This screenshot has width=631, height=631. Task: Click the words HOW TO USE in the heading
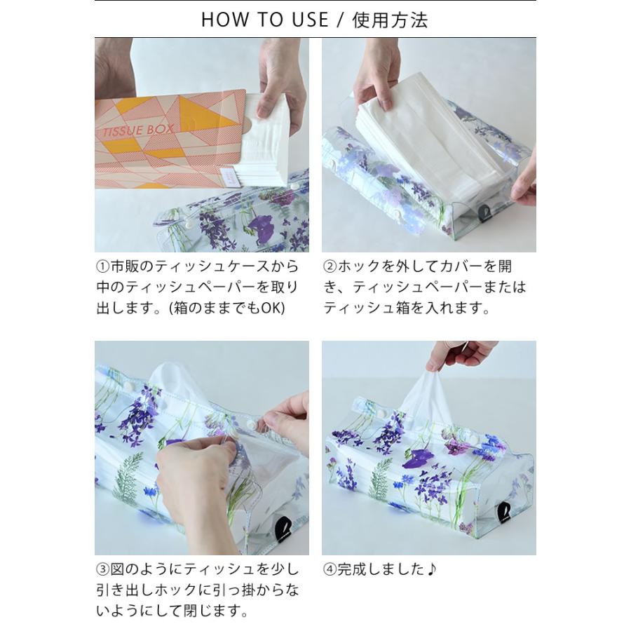click(264, 20)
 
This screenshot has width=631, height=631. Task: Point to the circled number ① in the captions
click(103, 267)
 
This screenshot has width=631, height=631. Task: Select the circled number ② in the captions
click(330, 267)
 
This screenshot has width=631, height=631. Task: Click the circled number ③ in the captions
click(103, 569)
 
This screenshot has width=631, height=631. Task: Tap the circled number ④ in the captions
click(330, 569)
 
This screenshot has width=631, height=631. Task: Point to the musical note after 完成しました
click(431, 569)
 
